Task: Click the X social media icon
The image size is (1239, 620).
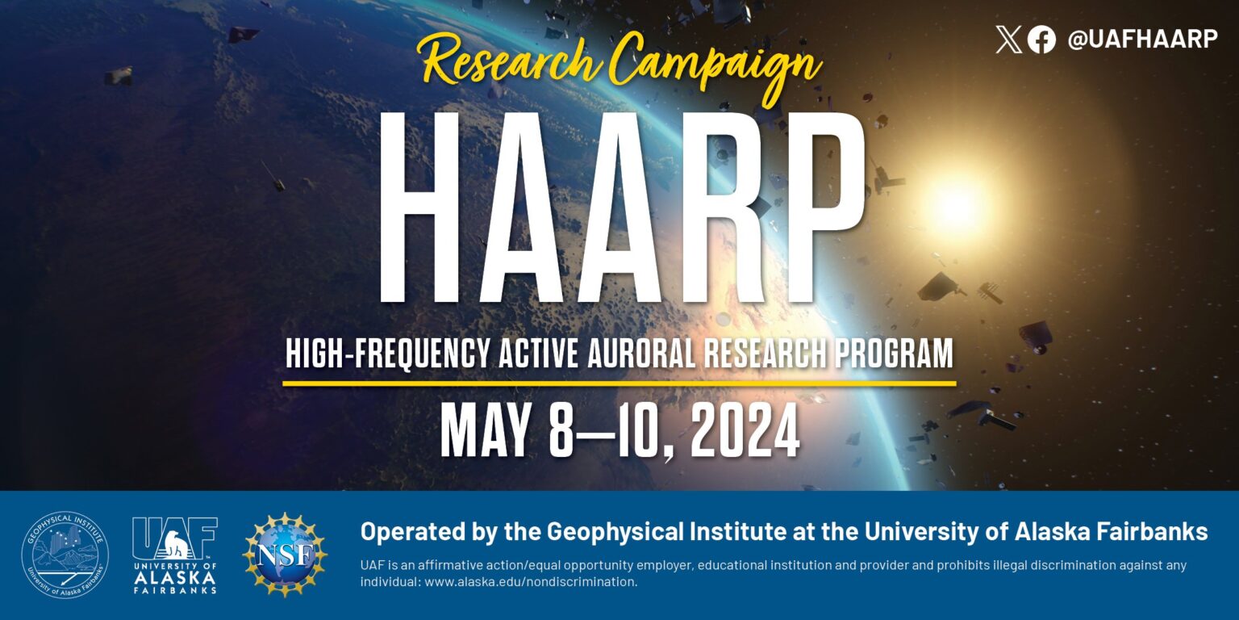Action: [1008, 40]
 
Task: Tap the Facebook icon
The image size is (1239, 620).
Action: [1041, 40]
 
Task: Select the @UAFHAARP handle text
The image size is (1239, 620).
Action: [1142, 40]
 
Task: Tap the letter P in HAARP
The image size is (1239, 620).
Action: [810, 207]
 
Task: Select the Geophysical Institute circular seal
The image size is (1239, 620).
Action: [65, 555]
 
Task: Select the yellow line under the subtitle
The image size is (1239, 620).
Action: [619, 383]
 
